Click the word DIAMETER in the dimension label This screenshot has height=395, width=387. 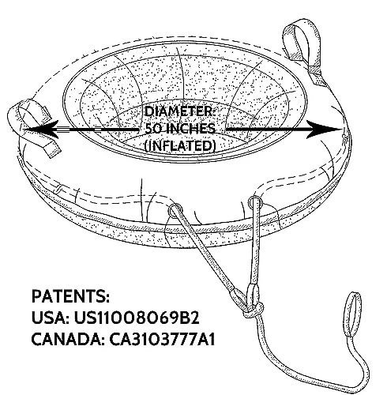coord(180,111)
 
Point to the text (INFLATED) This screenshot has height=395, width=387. coord(180,145)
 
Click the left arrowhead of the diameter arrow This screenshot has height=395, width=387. coord(42,129)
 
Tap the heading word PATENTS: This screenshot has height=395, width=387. coord(70,296)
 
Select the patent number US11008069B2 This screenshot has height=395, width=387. coord(137,318)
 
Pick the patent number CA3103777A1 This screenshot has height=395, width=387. coord(162,340)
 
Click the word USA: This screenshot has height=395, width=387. coord(51,318)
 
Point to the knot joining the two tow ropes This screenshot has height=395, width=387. coord(254,310)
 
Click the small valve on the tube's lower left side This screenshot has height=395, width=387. coord(58,189)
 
